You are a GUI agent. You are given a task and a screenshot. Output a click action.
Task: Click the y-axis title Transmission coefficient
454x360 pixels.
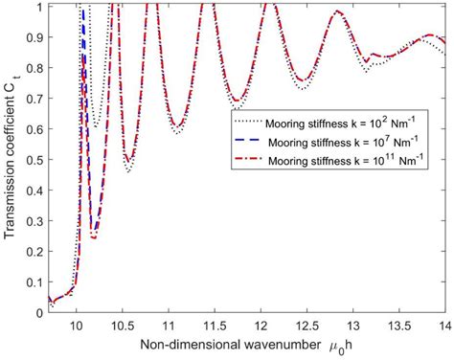[11, 158]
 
